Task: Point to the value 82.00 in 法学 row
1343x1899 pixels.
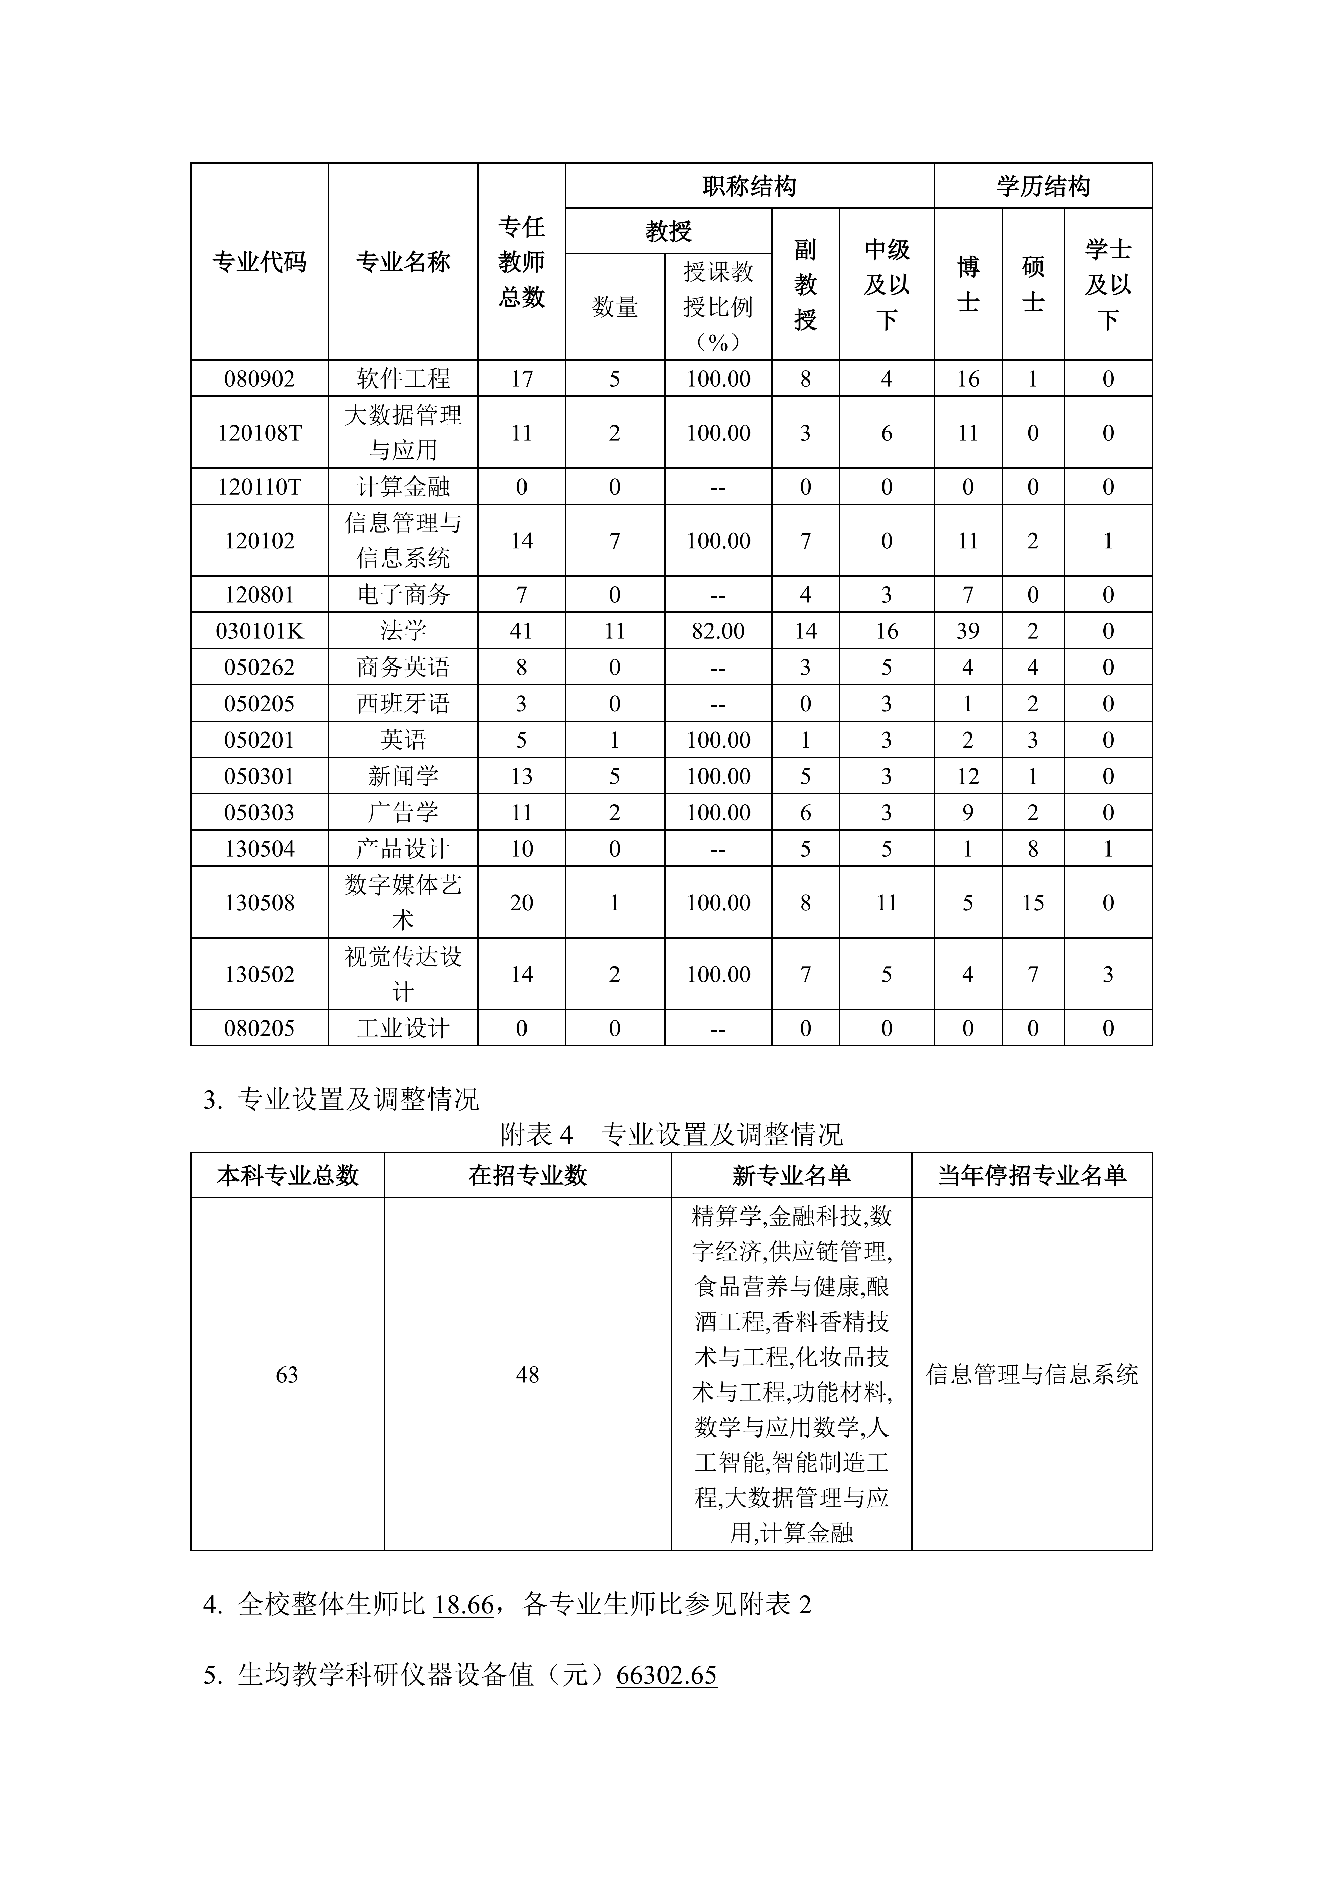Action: pos(718,631)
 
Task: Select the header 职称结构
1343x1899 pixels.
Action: pos(749,186)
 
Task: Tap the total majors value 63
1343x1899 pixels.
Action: pos(287,1375)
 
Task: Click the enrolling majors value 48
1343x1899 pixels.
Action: pos(528,1375)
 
